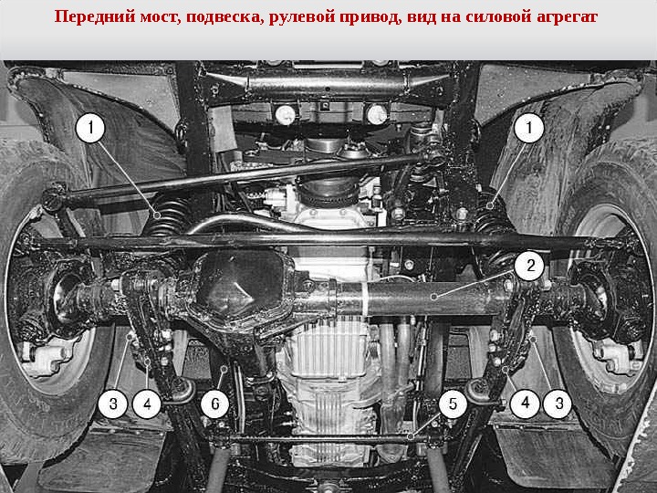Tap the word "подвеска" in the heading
click(x=222, y=17)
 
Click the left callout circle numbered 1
click(x=90, y=128)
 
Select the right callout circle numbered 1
click(x=528, y=128)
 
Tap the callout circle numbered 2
click(x=530, y=266)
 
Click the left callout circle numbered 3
click(x=113, y=404)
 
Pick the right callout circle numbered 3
click(x=558, y=404)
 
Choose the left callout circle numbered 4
click(x=147, y=404)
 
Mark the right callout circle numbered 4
click(x=525, y=404)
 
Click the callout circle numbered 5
click(x=453, y=404)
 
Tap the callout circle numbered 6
click(x=215, y=404)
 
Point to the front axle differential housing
click(x=240, y=289)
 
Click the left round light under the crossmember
click(x=286, y=114)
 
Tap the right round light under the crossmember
click(x=376, y=114)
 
